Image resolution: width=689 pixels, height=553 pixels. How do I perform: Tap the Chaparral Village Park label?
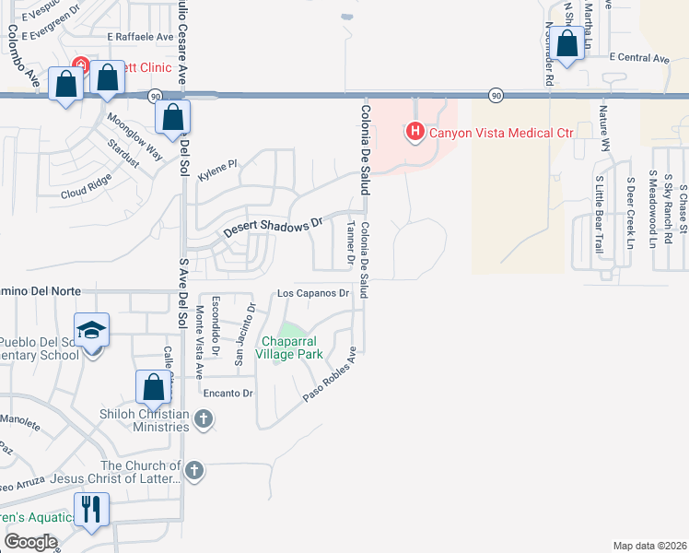(x=289, y=347)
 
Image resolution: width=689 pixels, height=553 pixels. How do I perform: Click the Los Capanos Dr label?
(x=314, y=294)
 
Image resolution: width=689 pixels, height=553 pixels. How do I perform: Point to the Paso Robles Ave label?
(x=330, y=374)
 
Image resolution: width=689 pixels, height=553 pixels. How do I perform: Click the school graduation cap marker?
(x=92, y=331)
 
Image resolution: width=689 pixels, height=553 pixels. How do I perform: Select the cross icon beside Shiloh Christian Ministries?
(x=204, y=420)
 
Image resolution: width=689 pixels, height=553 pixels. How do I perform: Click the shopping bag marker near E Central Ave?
(x=567, y=42)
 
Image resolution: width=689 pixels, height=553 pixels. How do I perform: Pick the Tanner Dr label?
(x=350, y=242)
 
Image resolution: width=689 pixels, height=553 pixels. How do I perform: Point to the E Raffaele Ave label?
(x=140, y=38)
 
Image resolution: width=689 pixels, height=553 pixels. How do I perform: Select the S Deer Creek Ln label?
(x=630, y=213)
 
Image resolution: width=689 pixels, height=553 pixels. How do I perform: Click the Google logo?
(x=30, y=542)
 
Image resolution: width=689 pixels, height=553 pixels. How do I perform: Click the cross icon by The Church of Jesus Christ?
(x=193, y=472)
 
